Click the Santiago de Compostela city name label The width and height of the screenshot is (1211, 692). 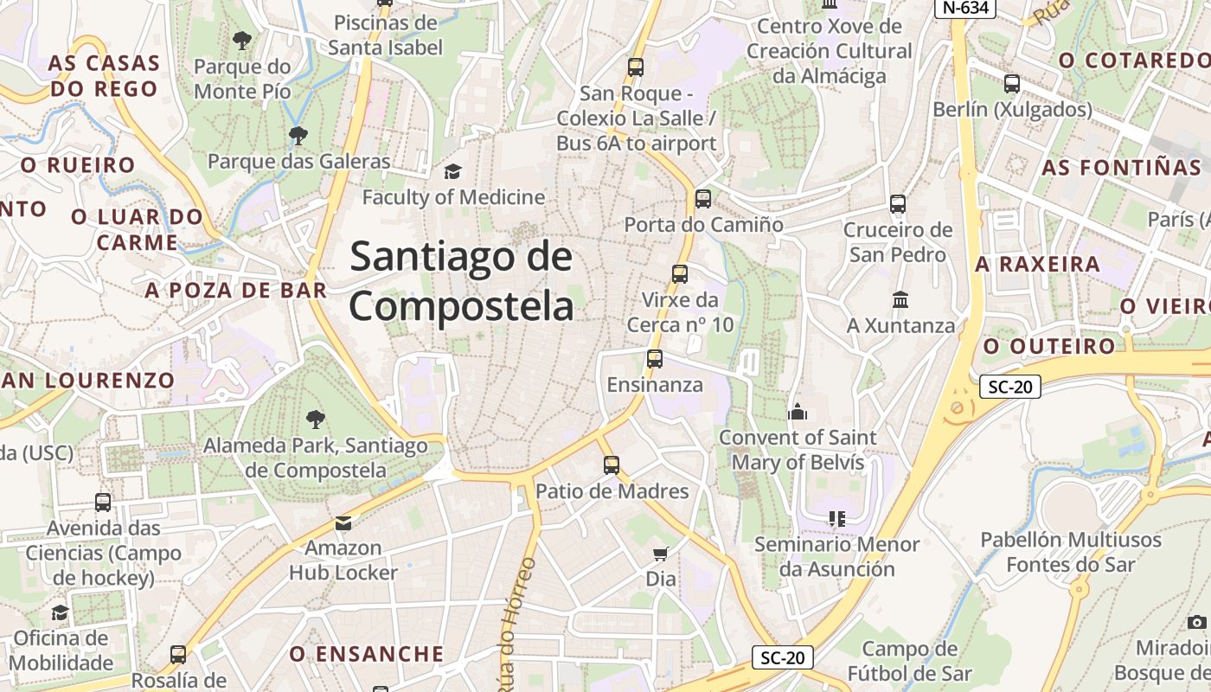point(461,282)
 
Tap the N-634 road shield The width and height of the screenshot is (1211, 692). point(965,8)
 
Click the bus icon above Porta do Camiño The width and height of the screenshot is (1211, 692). point(703,199)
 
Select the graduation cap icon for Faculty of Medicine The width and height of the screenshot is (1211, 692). point(452,171)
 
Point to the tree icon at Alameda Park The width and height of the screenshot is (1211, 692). point(315,420)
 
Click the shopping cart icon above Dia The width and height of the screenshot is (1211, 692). point(660,554)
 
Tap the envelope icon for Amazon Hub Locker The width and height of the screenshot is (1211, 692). point(343,522)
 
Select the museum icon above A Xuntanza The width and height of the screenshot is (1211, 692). point(900,299)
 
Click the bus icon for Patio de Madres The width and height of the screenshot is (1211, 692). point(612,465)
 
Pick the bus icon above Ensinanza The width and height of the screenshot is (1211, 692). point(655,358)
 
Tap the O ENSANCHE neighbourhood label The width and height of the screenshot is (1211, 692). point(367,654)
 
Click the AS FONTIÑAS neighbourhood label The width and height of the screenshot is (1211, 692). point(1122,168)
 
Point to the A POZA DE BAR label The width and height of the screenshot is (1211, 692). point(235,291)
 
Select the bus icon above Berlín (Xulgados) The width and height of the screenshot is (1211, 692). point(1012,84)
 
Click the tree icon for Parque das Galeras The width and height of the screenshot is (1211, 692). point(298,135)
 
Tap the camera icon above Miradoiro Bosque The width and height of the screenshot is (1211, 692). point(1197,622)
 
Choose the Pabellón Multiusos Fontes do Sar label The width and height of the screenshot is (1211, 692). point(1070,552)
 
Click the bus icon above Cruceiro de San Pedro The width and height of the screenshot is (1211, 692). point(898,204)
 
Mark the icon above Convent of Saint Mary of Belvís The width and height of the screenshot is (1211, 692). point(798,411)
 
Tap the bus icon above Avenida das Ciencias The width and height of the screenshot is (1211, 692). point(103,502)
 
